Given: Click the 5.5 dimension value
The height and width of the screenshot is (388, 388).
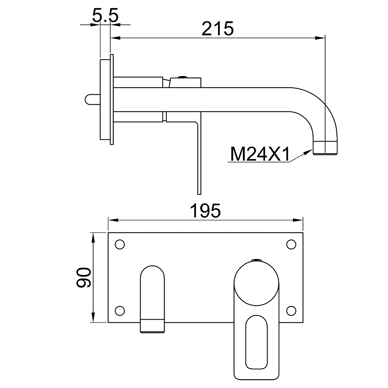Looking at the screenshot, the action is point(105,16).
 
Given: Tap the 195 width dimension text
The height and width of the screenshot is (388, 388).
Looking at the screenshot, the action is point(205,211).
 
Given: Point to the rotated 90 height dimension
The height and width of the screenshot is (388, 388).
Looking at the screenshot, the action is point(84,277).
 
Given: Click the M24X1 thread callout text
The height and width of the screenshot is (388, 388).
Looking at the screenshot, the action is point(260,154).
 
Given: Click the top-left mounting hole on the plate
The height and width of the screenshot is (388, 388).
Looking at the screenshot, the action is point(120,244).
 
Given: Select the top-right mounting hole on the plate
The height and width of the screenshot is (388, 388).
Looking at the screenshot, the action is point(291,244).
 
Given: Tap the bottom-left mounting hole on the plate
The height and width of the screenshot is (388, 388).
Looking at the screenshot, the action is point(120,311).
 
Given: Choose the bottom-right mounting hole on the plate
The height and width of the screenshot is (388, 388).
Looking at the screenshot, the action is point(291,311).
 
